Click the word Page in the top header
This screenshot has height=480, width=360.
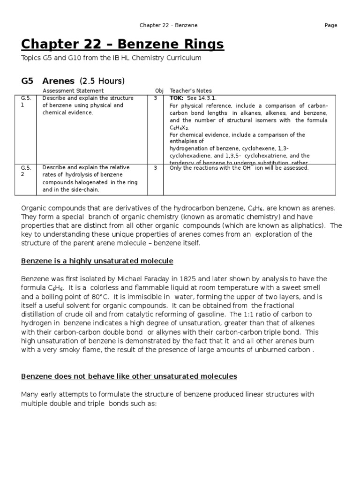pyautogui.click(x=330, y=25)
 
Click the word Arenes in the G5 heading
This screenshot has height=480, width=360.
pyautogui.click(x=60, y=81)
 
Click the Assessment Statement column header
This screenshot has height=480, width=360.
pyautogui.click(x=73, y=91)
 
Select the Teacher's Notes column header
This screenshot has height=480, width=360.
pyautogui.click(x=191, y=91)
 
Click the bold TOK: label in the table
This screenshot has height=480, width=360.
pyautogui.click(x=177, y=98)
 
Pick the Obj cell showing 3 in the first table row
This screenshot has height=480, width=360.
pyautogui.click(x=155, y=98)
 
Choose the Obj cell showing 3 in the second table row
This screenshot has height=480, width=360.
pyautogui.click(x=155, y=167)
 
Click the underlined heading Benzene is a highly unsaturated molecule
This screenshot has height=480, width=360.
pyautogui.click(x=97, y=261)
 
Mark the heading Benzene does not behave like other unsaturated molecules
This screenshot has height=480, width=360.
pyautogui.click(x=129, y=376)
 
